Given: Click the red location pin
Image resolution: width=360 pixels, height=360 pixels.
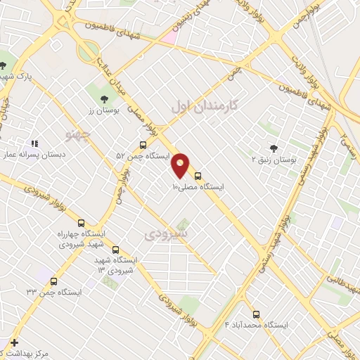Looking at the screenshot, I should click(x=181, y=165).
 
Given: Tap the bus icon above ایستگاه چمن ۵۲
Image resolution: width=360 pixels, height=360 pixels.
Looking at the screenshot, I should click(x=143, y=146).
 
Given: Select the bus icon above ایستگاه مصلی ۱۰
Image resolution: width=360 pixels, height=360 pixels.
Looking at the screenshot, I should click(x=198, y=176).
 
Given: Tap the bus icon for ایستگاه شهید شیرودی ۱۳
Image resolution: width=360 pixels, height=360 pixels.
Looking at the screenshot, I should click(x=115, y=250).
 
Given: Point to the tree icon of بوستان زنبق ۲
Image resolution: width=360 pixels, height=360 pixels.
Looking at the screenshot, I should click(x=274, y=148).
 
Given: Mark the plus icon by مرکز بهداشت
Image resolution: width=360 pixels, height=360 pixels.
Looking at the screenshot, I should click(x=14, y=342).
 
